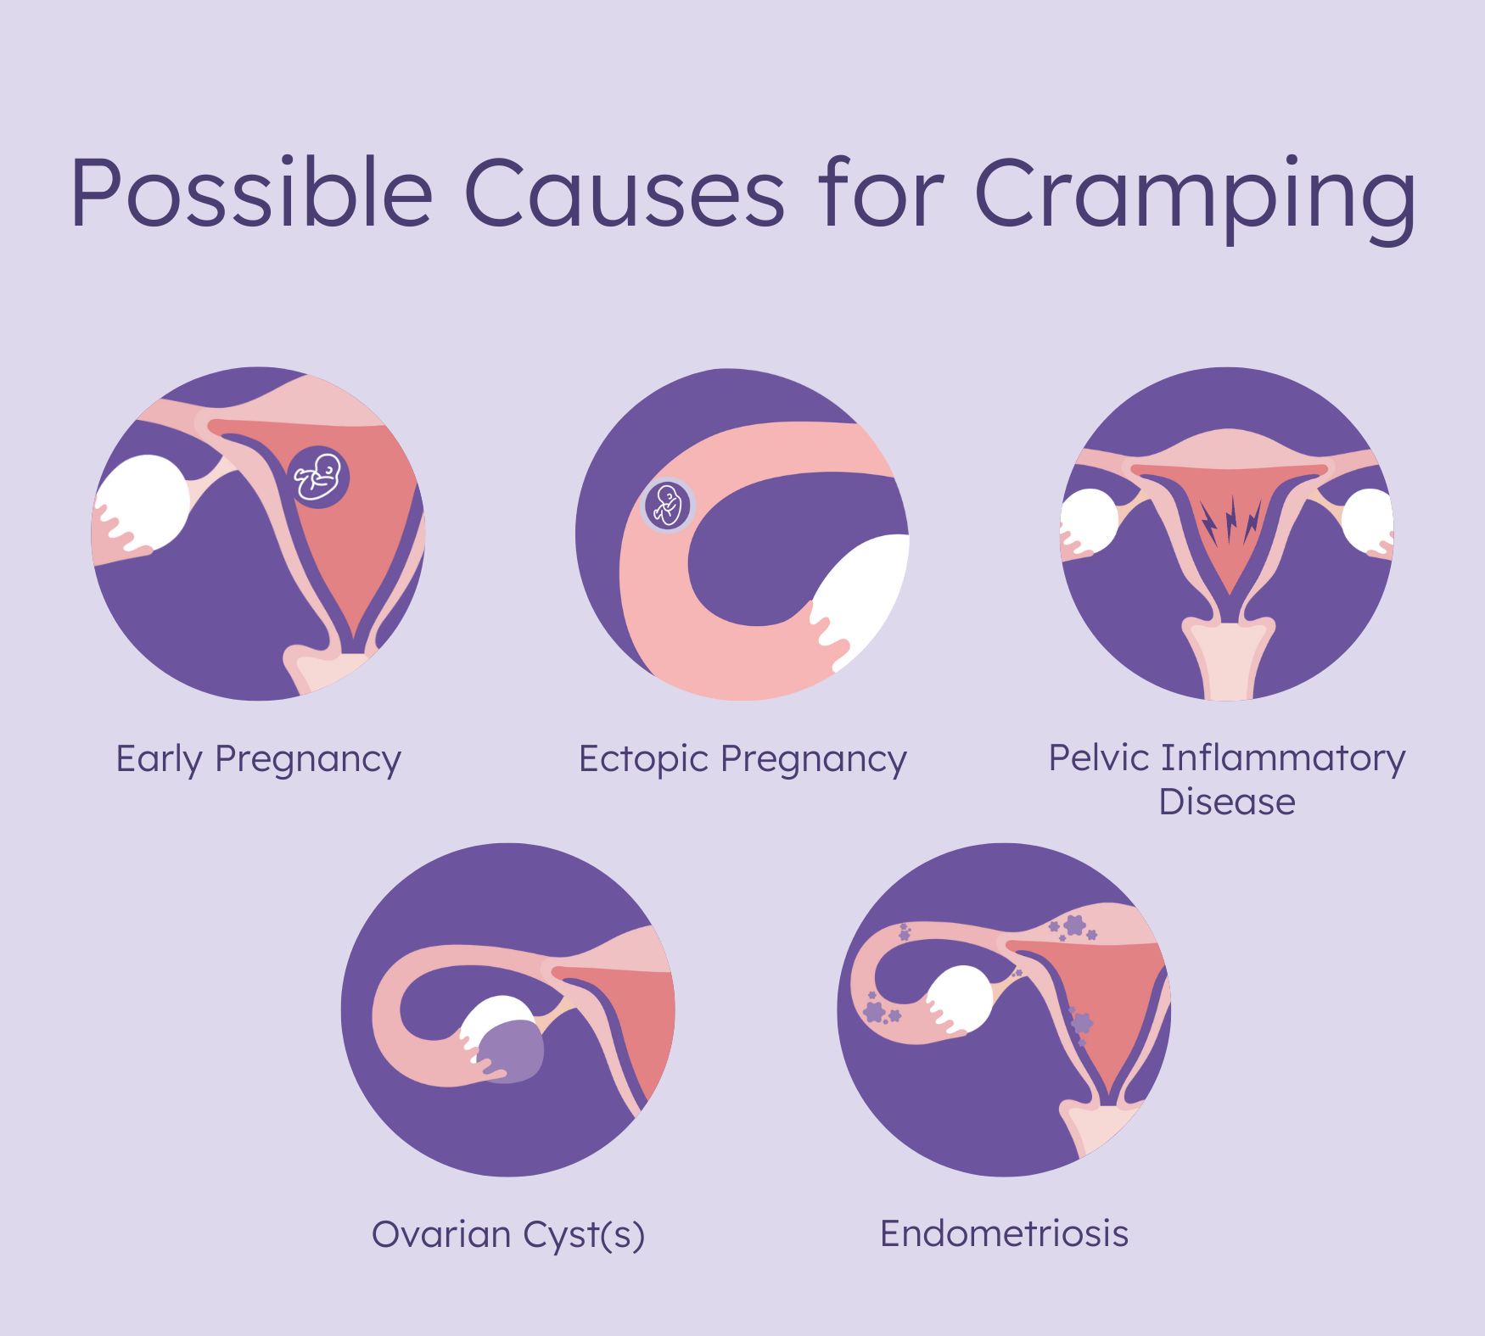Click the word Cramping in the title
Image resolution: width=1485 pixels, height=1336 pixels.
[1195, 198]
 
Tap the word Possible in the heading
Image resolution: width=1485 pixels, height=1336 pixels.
[252, 193]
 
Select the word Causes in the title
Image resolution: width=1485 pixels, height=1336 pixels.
[625, 193]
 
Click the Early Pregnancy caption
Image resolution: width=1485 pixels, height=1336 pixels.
[258, 760]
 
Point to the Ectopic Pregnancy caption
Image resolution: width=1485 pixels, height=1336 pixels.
[742, 760]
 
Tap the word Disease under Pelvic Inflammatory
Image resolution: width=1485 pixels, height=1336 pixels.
[1227, 802]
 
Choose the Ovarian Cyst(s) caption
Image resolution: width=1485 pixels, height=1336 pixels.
[508, 1235]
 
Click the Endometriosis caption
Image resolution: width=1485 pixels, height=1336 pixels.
[1004, 1233]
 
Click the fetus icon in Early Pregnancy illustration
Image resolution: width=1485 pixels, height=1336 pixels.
[318, 477]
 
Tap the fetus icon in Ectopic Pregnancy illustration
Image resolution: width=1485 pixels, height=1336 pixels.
[669, 506]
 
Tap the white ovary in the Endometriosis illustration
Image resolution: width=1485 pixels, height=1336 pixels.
[961, 1001]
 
